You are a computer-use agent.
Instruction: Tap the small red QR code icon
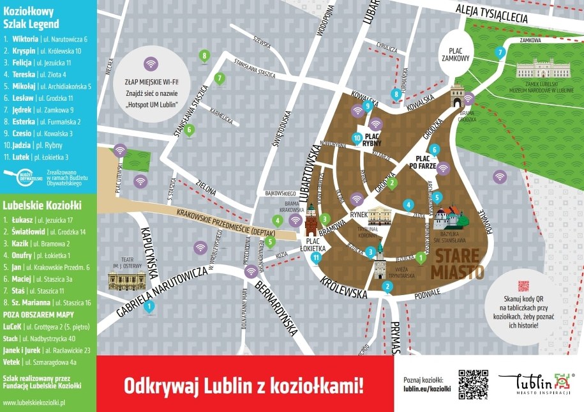[523, 287]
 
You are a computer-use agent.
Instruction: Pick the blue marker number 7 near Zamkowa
[500, 52]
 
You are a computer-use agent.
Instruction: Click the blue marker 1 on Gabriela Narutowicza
[149, 307]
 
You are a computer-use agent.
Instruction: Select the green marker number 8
[204, 56]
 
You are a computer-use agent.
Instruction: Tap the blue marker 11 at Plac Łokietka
[316, 257]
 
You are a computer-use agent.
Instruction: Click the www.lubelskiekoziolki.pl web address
[35, 403]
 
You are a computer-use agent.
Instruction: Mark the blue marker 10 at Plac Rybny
[357, 137]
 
